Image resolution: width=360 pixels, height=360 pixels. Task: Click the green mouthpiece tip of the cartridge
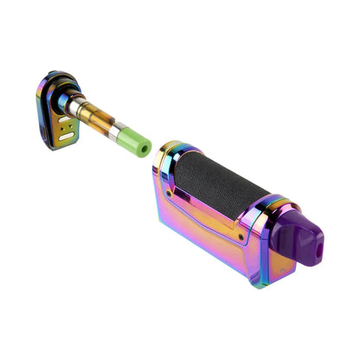[x=136, y=141]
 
